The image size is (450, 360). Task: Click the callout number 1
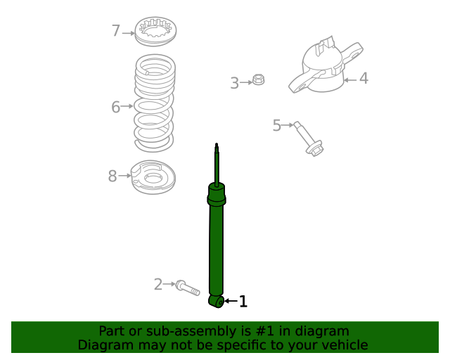pos(243,302)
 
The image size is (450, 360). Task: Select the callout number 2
pos(158,284)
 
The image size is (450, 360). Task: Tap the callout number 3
pos(234,84)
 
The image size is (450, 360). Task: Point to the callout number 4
pos(364,78)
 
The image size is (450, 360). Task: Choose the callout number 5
pos(276,125)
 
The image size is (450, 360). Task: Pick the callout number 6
pos(115,107)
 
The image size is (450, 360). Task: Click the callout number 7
pos(116,31)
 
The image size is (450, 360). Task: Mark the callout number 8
pos(112,176)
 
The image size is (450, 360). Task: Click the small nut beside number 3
pos(258,80)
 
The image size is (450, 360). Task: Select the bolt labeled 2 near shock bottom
pos(188,288)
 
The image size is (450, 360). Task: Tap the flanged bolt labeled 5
pos(308,139)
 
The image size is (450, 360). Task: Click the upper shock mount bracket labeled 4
pos(323,68)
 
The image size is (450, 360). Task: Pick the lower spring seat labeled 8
pos(153,179)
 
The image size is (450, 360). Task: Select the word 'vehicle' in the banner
pos(344,345)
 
